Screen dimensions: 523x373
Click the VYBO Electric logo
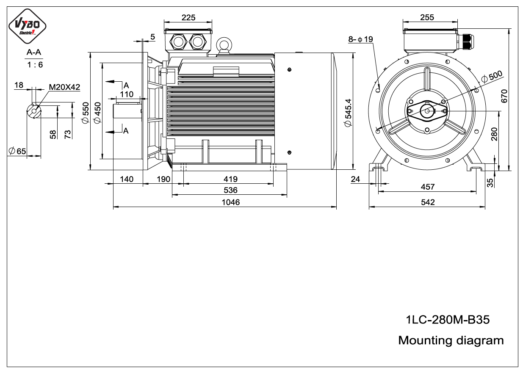click(28, 26)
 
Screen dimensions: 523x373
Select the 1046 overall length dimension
click(230, 202)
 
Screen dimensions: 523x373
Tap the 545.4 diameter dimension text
click(348, 113)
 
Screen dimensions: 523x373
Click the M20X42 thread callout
click(64, 87)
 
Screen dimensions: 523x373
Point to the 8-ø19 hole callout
click(360, 39)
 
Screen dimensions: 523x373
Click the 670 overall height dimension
click(504, 96)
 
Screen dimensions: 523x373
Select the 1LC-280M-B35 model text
click(448, 320)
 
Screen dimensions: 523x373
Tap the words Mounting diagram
click(451, 340)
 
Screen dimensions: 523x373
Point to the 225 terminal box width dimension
click(188, 17)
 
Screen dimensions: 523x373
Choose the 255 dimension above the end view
click(427, 17)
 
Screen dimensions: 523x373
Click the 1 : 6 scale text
click(35, 65)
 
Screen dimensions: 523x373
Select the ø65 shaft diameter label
click(17, 151)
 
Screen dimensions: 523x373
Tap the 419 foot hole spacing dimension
click(230, 179)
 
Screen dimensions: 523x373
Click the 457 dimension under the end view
click(428, 187)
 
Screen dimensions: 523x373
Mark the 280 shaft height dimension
click(494, 134)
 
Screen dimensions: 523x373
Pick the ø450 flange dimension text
click(97, 113)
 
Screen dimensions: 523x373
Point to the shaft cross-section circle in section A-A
click(34, 111)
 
